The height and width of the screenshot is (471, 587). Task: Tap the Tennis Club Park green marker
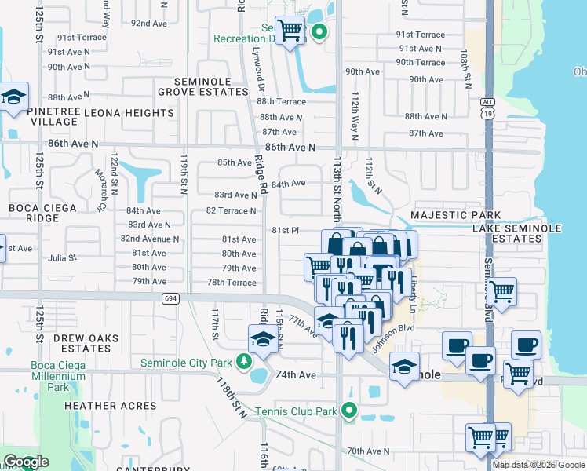click(350, 410)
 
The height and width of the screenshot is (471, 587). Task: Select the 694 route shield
click(170, 298)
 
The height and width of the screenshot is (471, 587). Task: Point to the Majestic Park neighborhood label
click(456, 215)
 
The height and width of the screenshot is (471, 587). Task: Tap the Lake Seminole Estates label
click(517, 233)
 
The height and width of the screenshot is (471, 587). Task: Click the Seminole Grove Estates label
click(202, 86)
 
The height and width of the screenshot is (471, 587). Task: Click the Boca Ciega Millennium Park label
click(57, 376)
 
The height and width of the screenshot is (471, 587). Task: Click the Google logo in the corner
click(26, 462)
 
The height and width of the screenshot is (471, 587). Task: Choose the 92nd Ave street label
click(149, 24)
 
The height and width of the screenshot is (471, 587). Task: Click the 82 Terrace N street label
click(231, 210)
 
